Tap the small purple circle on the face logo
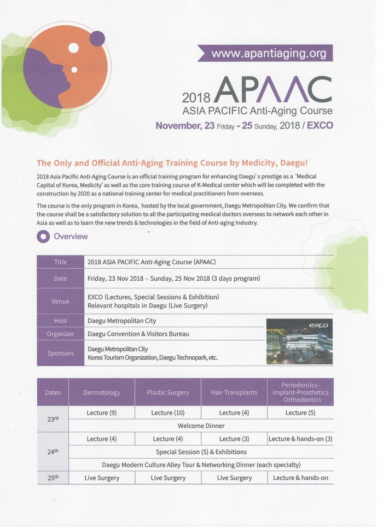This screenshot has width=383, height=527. (x=97, y=38)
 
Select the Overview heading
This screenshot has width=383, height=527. (x=71, y=236)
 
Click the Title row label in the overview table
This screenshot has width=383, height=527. (x=60, y=262)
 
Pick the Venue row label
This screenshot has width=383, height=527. (x=60, y=300)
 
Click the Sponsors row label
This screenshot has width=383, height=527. (x=60, y=353)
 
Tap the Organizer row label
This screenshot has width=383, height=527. (x=60, y=333)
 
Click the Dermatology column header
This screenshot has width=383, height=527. (x=101, y=392)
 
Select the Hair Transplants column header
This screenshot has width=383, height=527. (x=234, y=392)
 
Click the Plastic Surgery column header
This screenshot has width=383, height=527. (x=167, y=392)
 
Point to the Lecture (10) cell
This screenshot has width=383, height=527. (x=167, y=413)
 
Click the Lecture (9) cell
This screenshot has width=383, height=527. (x=101, y=413)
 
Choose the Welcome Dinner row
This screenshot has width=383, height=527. (x=201, y=425)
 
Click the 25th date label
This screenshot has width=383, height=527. (x=53, y=477)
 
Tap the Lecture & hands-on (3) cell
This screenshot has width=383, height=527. (x=300, y=439)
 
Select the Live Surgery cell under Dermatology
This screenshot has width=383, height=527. (x=101, y=478)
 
